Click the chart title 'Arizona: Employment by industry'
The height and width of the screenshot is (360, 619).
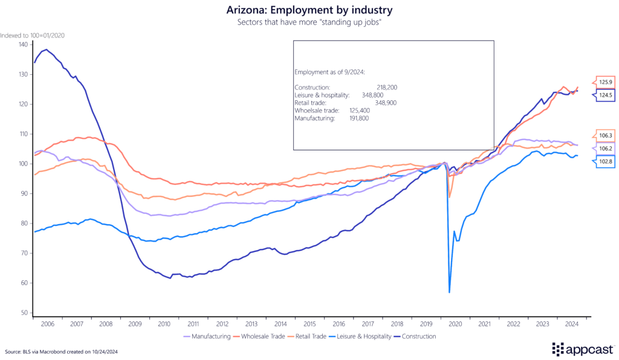[309, 10]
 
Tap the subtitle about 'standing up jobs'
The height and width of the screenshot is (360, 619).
[309, 22]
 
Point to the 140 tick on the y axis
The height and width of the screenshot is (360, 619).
[23, 44]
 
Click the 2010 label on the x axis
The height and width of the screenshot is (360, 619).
[164, 324]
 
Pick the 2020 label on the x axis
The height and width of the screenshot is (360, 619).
[456, 324]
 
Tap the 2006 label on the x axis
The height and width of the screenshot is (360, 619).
[48, 324]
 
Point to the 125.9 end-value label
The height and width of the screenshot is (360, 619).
[605, 82]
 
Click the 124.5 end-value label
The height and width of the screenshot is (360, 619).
[605, 95]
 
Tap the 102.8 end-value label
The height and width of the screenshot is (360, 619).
[605, 161]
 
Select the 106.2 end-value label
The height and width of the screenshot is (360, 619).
[605, 149]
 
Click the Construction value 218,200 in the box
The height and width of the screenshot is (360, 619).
[386, 88]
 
